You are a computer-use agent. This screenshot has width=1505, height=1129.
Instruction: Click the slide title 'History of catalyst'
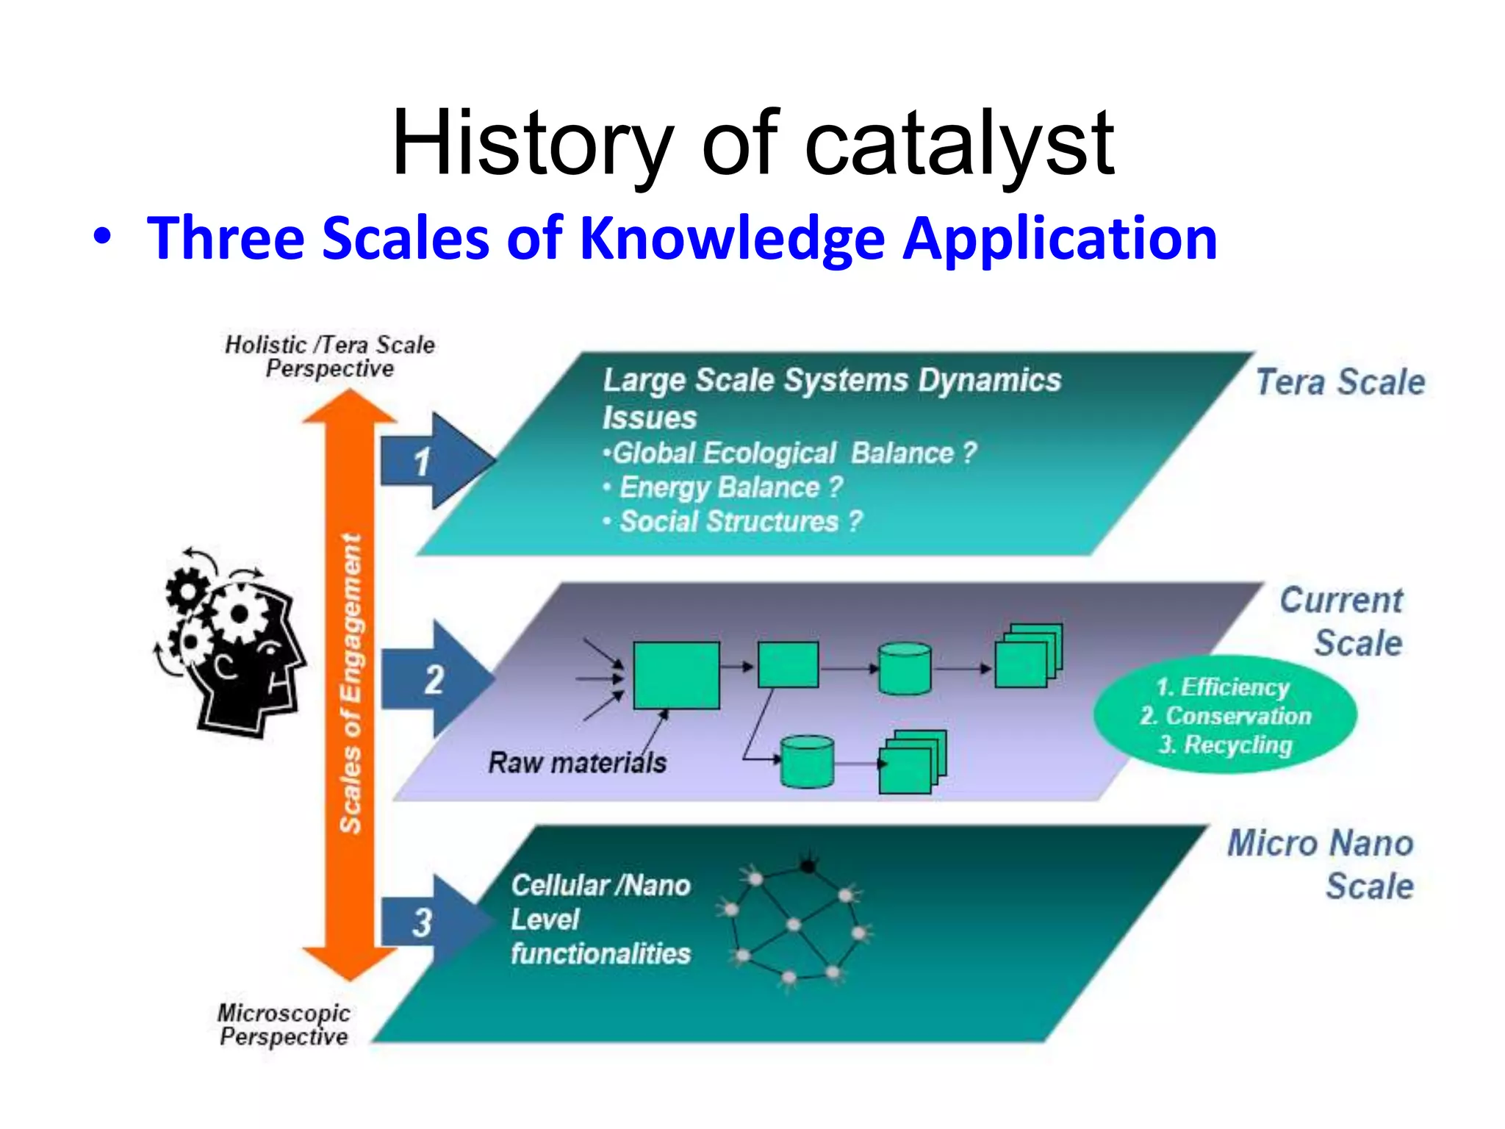(752, 143)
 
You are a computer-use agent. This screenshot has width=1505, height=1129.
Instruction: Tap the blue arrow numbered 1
(434, 462)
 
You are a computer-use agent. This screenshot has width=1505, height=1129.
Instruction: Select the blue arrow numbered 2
(435, 679)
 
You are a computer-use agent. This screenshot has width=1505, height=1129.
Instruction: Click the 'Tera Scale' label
(1340, 382)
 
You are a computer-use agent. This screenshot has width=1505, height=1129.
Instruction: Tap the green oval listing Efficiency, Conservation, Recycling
(1225, 715)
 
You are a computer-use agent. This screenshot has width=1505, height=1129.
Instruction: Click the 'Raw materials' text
(577, 762)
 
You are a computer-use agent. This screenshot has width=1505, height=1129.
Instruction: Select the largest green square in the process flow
(676, 675)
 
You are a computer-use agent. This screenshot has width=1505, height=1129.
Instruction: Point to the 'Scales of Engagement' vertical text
(351, 684)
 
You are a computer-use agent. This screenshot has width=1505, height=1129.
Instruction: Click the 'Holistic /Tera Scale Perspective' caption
(329, 356)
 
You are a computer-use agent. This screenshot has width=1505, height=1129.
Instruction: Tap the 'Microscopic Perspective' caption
(284, 1025)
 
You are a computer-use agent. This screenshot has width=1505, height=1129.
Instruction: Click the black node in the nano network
(808, 866)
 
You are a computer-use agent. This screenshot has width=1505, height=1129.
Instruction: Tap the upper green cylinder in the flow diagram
(905, 668)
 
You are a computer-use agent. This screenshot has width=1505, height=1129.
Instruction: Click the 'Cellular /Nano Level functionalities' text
(600, 919)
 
